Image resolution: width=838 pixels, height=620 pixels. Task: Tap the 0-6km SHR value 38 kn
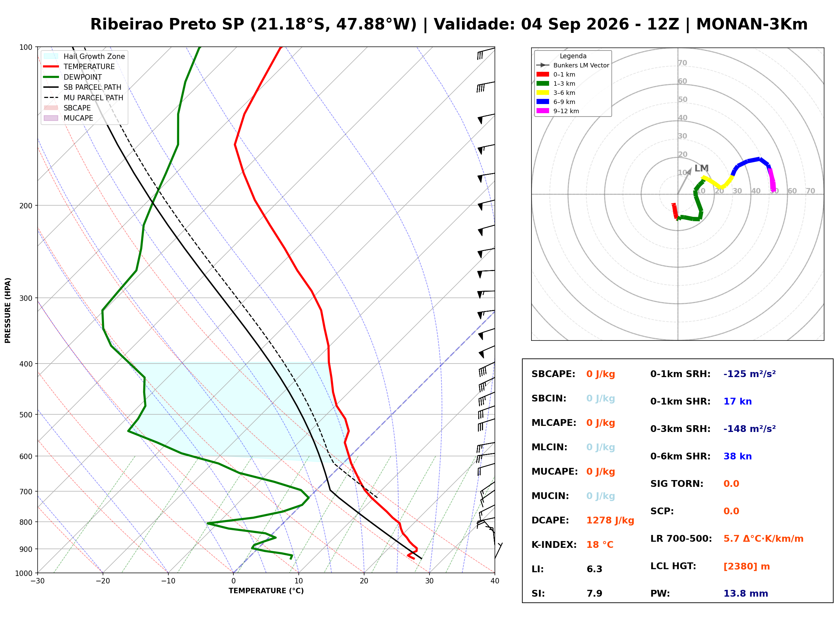[x=737, y=456]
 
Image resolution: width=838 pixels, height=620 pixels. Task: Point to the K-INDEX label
[x=554, y=545]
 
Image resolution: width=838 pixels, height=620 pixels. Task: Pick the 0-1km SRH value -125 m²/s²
[x=749, y=374]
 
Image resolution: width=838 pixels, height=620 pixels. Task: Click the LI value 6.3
[x=594, y=569]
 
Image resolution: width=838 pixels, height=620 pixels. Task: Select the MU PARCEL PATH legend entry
[x=83, y=98]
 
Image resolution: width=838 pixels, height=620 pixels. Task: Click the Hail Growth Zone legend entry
[x=84, y=56]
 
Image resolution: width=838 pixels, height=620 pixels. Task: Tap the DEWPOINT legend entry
[x=73, y=77]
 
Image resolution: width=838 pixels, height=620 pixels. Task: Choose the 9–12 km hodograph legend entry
[x=558, y=111]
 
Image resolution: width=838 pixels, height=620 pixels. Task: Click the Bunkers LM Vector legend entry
[x=572, y=65]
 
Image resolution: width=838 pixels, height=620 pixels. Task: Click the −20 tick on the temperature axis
[x=102, y=581]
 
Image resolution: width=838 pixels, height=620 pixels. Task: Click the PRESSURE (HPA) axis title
[x=8, y=310]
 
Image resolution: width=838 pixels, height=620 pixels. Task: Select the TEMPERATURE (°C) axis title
[x=266, y=591]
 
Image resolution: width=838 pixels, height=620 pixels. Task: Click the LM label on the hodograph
[x=701, y=168]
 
